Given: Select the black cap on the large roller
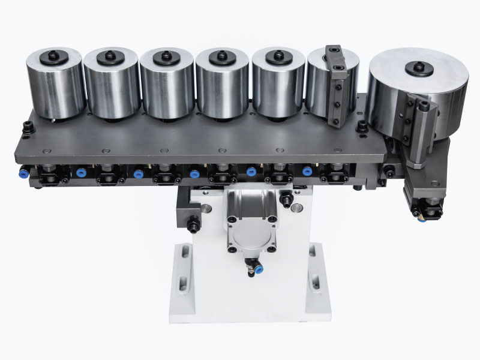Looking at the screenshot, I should click(419, 68).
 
